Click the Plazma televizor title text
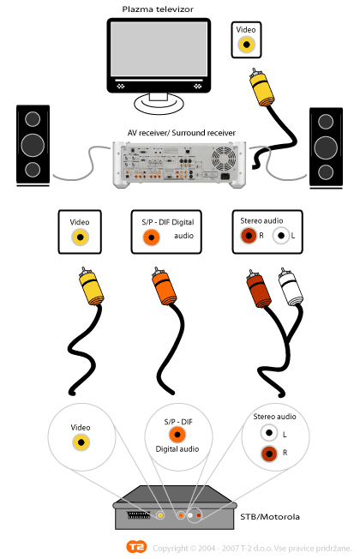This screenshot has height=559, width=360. (158, 9)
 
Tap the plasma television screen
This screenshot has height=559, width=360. (159, 49)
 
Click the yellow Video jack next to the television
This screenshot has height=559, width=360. (246, 45)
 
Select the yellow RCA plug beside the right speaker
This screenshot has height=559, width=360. (262, 87)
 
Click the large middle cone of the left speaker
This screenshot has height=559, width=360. (33, 146)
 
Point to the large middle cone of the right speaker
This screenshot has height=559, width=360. (326, 147)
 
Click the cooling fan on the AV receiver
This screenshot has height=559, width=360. (224, 159)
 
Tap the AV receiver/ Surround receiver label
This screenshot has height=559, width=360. (182, 133)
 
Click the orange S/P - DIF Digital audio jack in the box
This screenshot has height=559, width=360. (151, 237)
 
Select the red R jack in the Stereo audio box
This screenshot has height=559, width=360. (249, 236)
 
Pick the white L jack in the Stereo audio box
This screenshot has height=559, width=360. (281, 236)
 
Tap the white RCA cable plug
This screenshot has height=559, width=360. (290, 287)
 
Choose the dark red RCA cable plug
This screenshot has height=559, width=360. (259, 289)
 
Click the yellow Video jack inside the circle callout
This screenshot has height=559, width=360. (81, 442)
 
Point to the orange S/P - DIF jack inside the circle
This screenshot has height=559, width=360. (177, 435)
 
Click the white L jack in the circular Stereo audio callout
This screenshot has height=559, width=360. (269, 433)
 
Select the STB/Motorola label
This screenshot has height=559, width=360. (270, 517)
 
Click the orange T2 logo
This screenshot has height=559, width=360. (136, 546)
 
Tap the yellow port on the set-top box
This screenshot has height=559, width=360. (160, 515)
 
